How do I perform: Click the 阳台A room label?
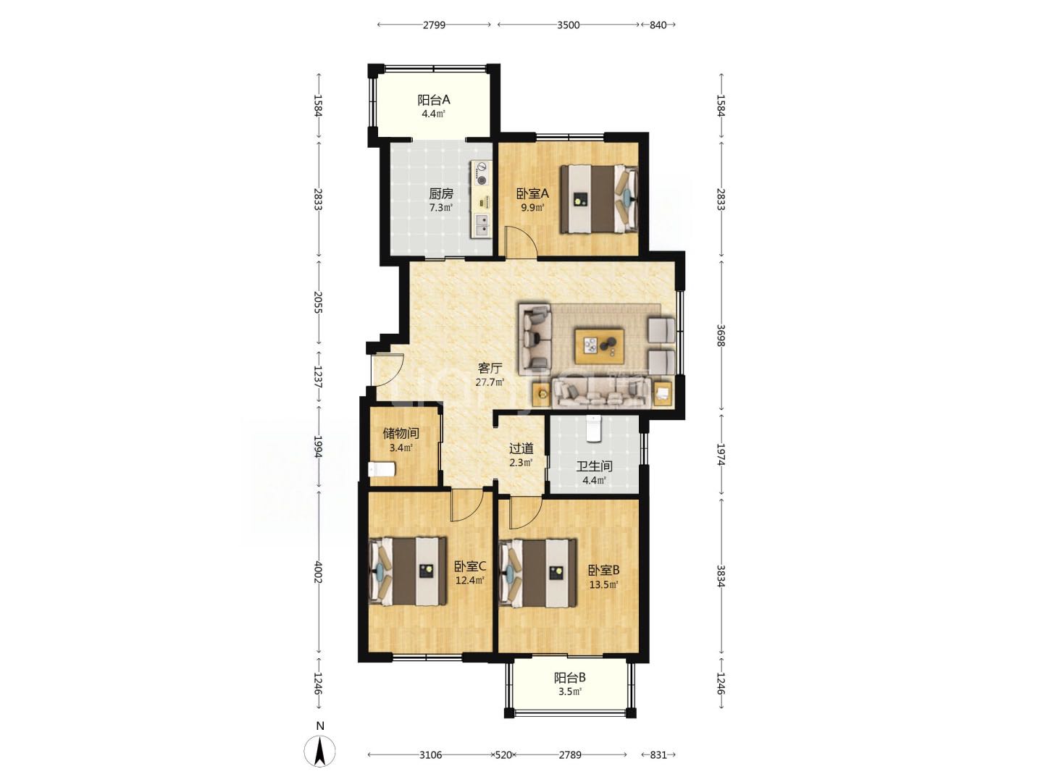[x=433, y=100]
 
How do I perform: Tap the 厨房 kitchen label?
[x=441, y=194]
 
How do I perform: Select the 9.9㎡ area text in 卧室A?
[x=532, y=208]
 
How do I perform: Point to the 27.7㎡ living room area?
[x=490, y=382]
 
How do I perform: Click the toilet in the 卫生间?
[x=593, y=428]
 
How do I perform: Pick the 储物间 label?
[x=401, y=434]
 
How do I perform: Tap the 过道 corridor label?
[x=521, y=449]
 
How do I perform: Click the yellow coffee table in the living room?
[x=599, y=346]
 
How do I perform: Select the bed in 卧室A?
[x=599, y=198]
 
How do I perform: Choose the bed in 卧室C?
[x=408, y=571]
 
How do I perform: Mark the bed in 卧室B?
[x=538, y=573]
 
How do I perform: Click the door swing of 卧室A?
[x=521, y=243]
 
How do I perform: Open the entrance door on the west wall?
[x=388, y=370]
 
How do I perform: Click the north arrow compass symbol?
[x=320, y=750]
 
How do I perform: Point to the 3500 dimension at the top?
[x=569, y=25]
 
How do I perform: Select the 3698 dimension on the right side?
[x=721, y=335]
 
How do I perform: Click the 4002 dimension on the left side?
[x=318, y=573]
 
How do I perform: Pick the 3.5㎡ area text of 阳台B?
[x=570, y=691]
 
